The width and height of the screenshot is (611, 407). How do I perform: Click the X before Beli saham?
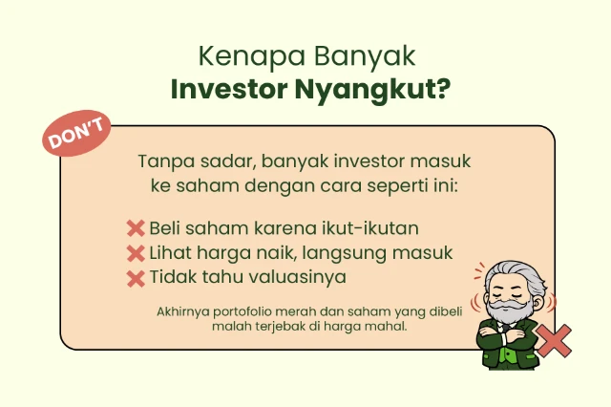pyautogui.click(x=136, y=228)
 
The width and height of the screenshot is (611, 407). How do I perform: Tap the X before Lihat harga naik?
pyautogui.click(x=136, y=253)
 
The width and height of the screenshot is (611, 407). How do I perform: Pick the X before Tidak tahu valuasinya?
pyautogui.click(x=136, y=278)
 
